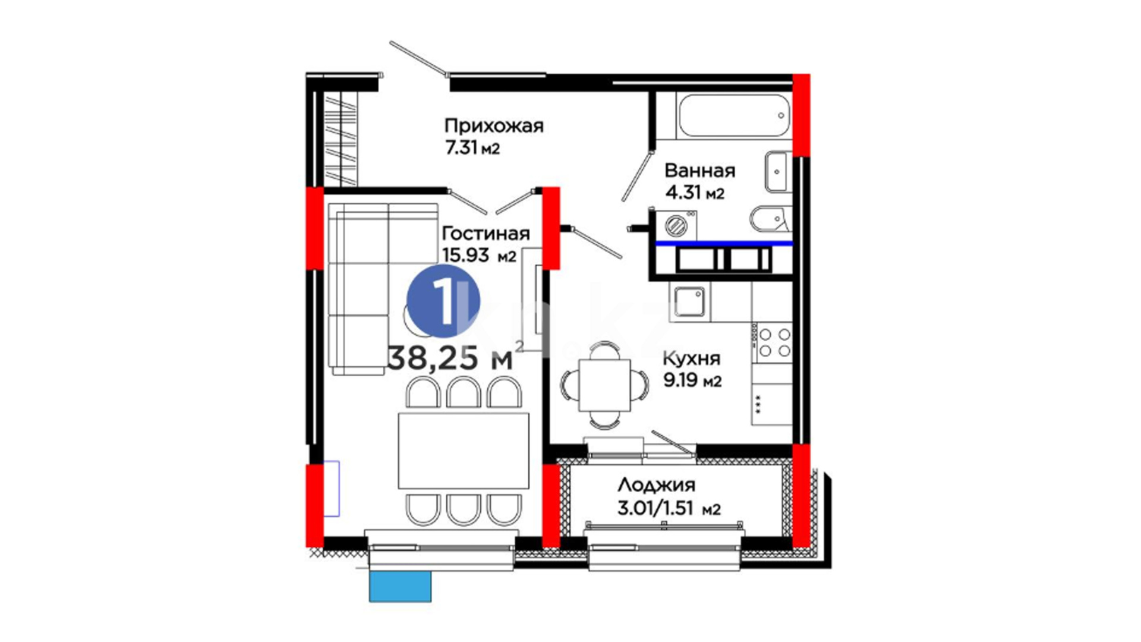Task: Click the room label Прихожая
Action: [494, 127]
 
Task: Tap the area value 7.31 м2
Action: [472, 147]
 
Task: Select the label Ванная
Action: [699, 171]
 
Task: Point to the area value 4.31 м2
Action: [694, 193]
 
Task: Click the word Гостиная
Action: [486, 233]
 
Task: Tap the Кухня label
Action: [691, 358]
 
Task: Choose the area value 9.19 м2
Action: [692, 380]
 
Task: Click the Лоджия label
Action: [656, 486]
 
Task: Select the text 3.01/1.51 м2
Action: [669, 509]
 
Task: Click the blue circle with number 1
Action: [443, 301]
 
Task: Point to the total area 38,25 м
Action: [450, 358]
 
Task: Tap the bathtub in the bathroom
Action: [734, 115]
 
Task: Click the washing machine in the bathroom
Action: [676, 225]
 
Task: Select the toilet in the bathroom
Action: [770, 219]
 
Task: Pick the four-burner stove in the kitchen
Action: [774, 343]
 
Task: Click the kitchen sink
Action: [689, 301]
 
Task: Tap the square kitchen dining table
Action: [604, 385]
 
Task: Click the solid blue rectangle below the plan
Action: [401, 587]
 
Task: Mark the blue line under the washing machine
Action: [724, 243]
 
